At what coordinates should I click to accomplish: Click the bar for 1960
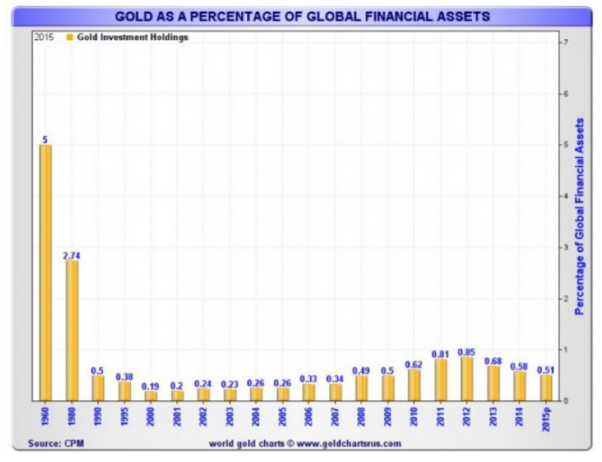point(45,272)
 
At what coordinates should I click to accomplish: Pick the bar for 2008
point(362,388)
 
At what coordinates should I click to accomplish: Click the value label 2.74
point(72,255)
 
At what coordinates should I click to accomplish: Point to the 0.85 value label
point(467,351)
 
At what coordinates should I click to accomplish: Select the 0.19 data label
point(151,386)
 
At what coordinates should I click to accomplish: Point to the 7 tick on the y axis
point(568,42)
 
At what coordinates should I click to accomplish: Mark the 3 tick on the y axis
point(568,246)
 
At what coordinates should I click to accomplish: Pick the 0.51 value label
point(547,369)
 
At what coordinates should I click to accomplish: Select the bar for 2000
point(151,396)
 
